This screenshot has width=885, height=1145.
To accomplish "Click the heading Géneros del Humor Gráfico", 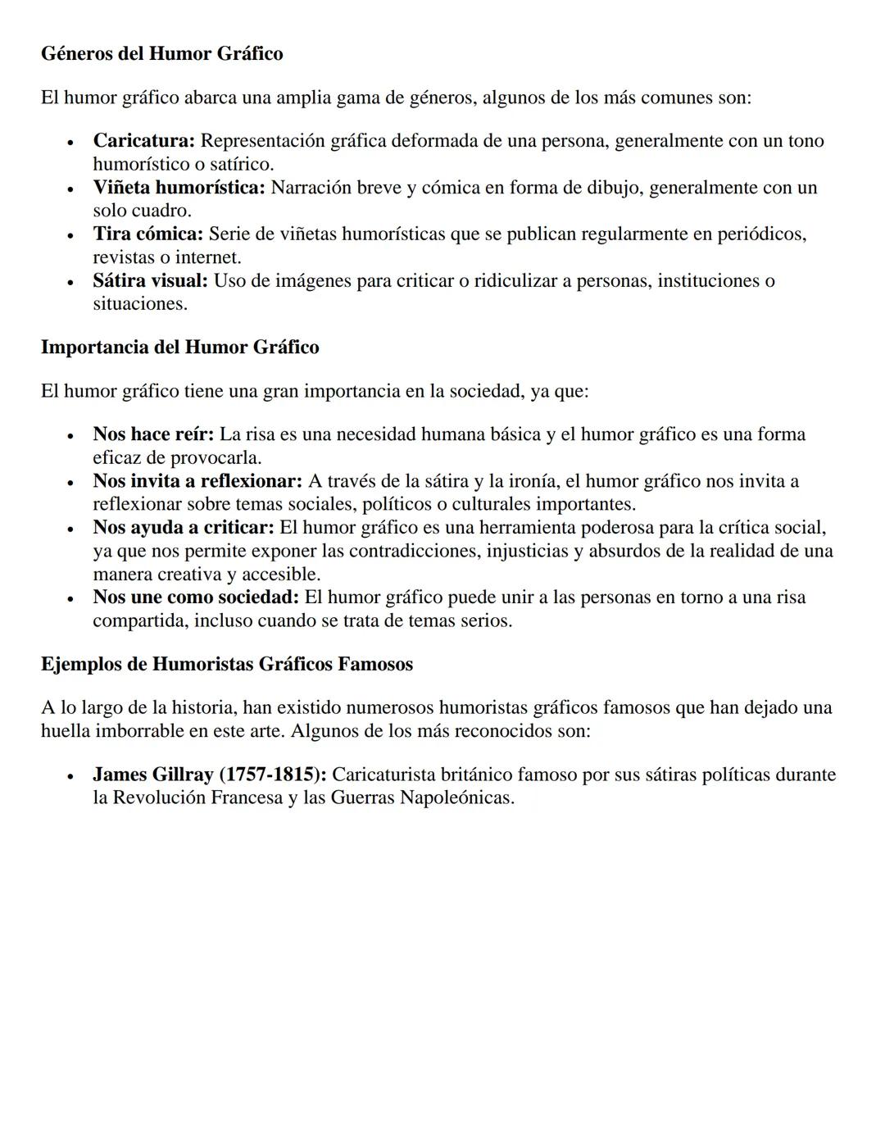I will point(161,54).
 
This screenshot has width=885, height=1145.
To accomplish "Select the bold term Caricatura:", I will point(143,141).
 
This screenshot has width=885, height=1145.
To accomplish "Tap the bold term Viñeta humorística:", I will point(179,188).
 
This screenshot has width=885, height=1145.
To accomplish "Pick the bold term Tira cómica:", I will point(147,234).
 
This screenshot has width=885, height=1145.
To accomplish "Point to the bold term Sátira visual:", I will point(150,281).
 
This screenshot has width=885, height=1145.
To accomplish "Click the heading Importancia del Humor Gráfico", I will point(179,348).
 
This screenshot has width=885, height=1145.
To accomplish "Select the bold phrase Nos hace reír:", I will point(152,434).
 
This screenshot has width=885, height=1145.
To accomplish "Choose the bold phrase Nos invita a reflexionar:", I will point(197,481).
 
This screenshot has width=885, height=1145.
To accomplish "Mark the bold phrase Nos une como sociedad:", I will point(195,597).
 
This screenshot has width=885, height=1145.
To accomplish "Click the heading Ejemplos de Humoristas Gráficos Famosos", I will point(226,664).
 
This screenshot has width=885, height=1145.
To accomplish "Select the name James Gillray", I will point(152,775).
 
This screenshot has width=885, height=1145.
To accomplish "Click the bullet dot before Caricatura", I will point(71,143).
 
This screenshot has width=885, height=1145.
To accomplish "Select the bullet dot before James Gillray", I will point(71,776).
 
